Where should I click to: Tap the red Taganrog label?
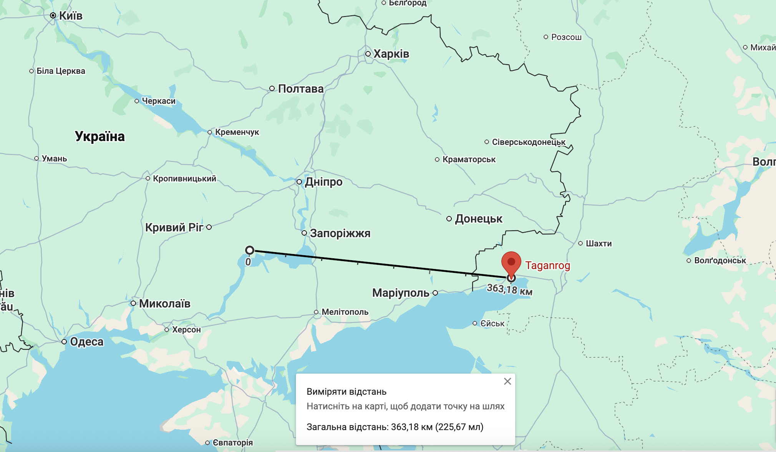(547, 266)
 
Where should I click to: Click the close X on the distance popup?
(507, 381)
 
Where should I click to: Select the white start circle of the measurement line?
(250, 251)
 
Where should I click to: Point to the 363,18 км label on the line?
(509, 289)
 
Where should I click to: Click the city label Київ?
(71, 16)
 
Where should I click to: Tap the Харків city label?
(391, 54)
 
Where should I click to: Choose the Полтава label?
(300, 89)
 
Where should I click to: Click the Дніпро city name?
(323, 182)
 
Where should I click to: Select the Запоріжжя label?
(340, 233)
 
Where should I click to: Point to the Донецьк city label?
(479, 219)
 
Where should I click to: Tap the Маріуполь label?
(401, 293)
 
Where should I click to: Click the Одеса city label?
(87, 342)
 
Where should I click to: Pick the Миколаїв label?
(164, 304)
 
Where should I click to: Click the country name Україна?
(100, 136)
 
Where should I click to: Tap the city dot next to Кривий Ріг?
(209, 227)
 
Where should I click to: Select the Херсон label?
(186, 330)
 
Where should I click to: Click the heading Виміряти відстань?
(347, 392)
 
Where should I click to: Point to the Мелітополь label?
(345, 312)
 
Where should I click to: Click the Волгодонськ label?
(720, 261)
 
